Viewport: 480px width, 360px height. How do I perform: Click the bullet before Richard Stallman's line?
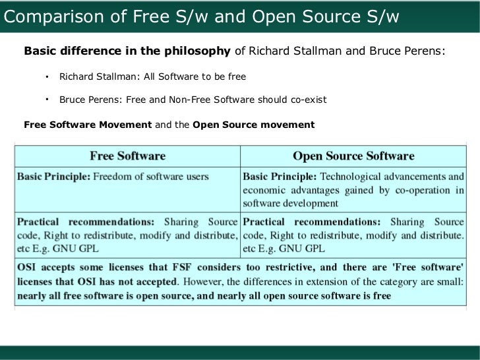pos(47,76)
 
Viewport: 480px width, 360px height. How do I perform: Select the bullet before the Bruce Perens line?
pos(47,100)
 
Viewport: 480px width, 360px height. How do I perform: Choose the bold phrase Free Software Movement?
pos(88,124)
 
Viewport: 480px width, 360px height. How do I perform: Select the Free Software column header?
pos(127,156)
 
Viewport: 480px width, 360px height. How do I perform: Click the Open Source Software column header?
pos(353,156)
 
